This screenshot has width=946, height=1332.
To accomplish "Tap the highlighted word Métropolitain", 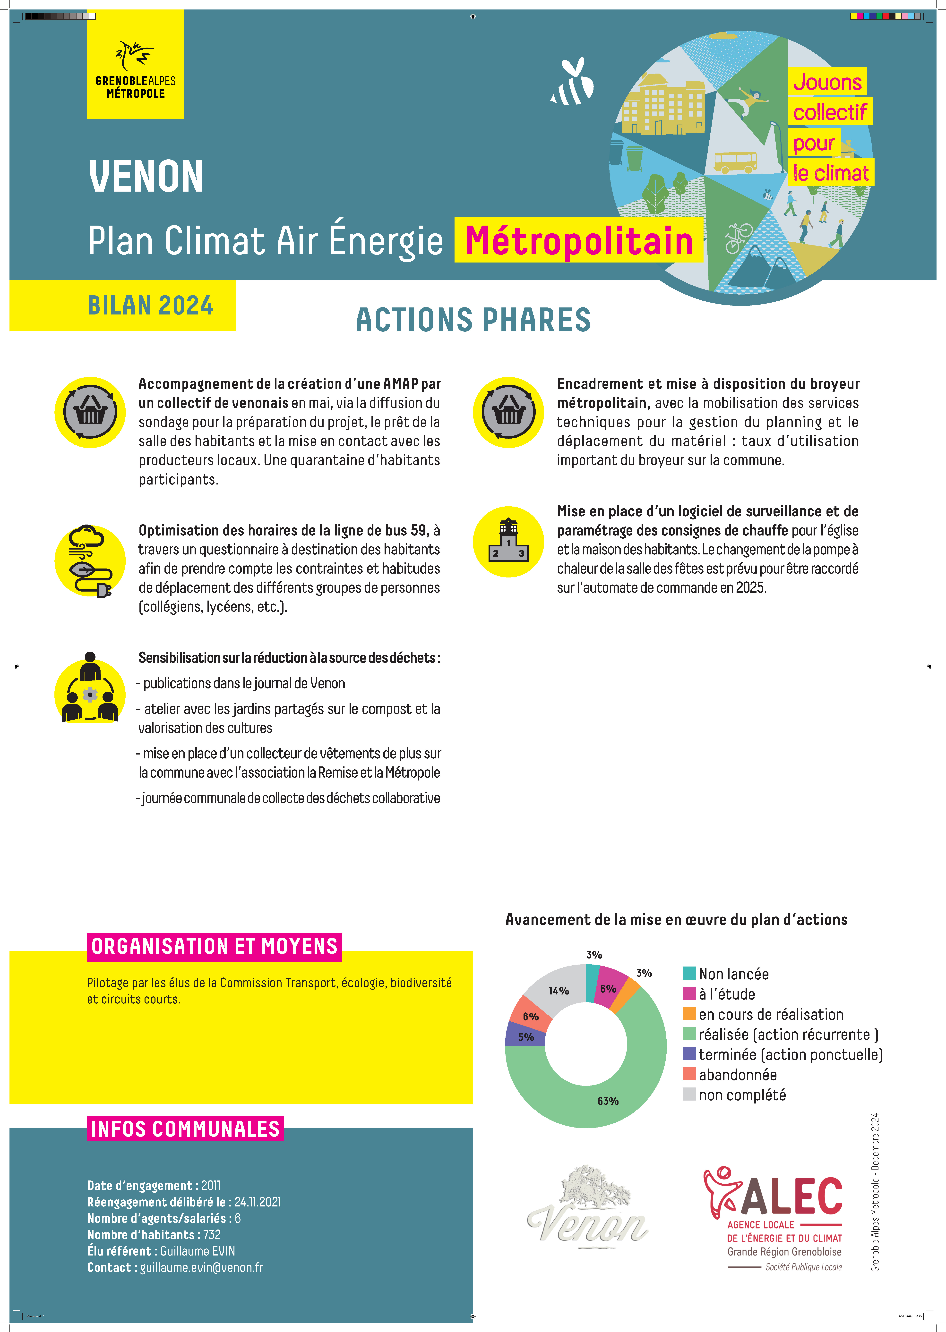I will [x=579, y=241].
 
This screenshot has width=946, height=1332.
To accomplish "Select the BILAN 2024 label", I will [x=150, y=306].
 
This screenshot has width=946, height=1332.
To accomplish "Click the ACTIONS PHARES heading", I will [x=473, y=320].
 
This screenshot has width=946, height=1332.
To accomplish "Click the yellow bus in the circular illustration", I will [x=735, y=161].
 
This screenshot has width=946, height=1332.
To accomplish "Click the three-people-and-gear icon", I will [x=90, y=688].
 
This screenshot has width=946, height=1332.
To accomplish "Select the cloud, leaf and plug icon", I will [x=90, y=561].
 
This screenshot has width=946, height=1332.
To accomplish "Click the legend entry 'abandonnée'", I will [x=738, y=1075].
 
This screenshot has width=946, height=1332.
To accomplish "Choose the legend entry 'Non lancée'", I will [x=733, y=974].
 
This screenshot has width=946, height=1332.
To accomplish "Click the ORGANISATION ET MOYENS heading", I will [x=214, y=946].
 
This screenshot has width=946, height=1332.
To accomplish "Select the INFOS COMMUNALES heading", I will [x=185, y=1129].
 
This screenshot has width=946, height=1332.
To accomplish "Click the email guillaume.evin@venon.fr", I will [x=202, y=1267].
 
